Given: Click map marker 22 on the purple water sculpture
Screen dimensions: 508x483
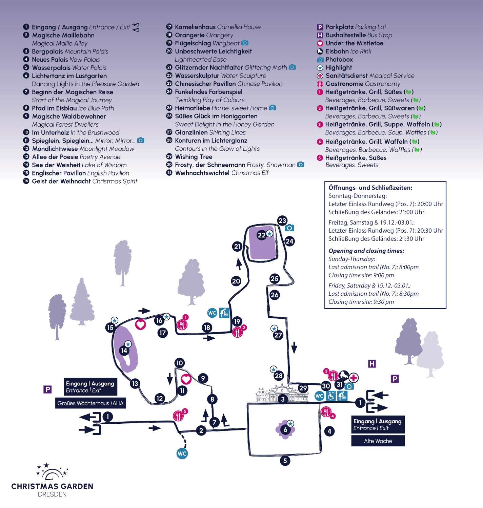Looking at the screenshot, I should click(261, 235).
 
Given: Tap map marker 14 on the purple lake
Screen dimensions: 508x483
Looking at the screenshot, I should click(124, 351).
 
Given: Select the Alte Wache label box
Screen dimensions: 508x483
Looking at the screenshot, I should click(378, 441).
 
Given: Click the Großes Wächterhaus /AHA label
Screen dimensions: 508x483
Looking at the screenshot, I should click(90, 403).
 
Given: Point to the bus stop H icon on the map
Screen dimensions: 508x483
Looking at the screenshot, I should click(372, 364).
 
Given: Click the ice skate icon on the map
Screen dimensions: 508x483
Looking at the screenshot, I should click(344, 375).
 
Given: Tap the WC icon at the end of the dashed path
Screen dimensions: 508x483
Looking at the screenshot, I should click(182, 453).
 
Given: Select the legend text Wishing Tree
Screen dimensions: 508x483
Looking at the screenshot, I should click(194, 157).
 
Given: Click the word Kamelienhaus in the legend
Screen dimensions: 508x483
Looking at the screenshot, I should click(195, 27).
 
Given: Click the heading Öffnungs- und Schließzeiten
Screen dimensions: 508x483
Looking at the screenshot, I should click(370, 188).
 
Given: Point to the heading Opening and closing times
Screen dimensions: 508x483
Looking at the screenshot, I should click(366, 251).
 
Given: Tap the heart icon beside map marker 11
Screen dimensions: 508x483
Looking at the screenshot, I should click(186, 379).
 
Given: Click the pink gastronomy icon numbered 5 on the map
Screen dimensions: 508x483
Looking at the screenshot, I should click(178, 416).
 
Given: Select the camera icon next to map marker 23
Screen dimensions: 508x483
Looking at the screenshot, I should click(289, 228).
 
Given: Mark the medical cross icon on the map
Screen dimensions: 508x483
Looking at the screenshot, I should click(354, 378).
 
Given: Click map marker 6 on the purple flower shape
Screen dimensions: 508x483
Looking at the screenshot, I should click(285, 430).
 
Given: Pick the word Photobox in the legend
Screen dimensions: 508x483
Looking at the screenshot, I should click(339, 60).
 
